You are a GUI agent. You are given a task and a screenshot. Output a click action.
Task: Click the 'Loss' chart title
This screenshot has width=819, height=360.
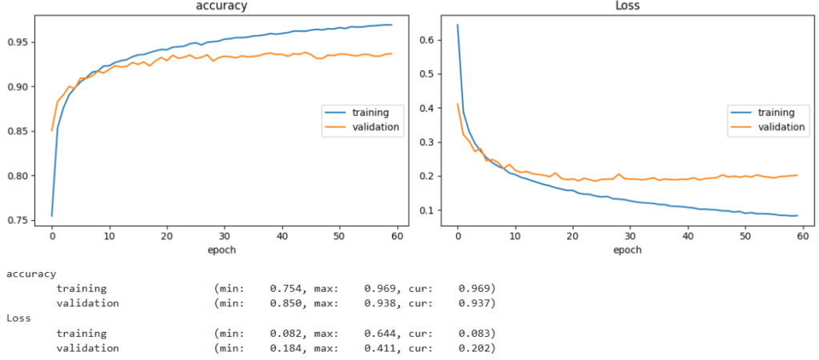[626, 6]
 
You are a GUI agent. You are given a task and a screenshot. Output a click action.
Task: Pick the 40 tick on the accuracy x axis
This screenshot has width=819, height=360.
[282, 238]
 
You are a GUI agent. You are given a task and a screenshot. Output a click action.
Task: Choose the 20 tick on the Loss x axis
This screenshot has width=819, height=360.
[572, 238]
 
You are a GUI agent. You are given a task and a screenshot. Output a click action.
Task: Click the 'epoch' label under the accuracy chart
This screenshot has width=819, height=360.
[221, 250]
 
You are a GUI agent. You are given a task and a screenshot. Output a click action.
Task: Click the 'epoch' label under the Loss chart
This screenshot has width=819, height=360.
[627, 250]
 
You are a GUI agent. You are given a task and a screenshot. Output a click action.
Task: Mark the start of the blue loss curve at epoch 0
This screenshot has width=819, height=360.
[457, 25]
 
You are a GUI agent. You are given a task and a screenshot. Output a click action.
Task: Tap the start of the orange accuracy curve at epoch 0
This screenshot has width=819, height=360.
[52, 130]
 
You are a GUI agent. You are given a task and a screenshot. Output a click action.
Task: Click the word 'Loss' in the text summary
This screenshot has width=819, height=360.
[19, 318]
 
